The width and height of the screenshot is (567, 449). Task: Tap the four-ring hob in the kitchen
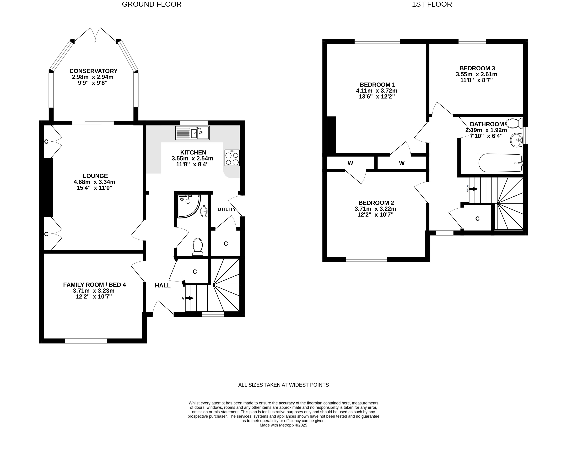(x=232, y=158)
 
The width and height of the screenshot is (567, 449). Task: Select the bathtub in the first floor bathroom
(x=500, y=163)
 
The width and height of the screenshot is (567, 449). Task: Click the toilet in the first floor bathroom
(x=514, y=123)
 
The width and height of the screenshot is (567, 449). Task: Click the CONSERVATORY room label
(x=93, y=71)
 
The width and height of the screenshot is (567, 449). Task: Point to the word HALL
(x=162, y=285)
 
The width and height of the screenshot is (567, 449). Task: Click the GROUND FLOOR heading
(x=151, y=4)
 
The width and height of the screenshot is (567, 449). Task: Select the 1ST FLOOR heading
(x=432, y=4)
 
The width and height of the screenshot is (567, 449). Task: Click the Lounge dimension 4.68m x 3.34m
(x=95, y=182)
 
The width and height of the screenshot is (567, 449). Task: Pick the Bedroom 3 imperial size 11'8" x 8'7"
(x=476, y=80)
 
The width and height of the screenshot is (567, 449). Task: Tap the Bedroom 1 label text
(x=377, y=85)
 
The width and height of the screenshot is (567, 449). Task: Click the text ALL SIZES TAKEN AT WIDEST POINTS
(x=283, y=385)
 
